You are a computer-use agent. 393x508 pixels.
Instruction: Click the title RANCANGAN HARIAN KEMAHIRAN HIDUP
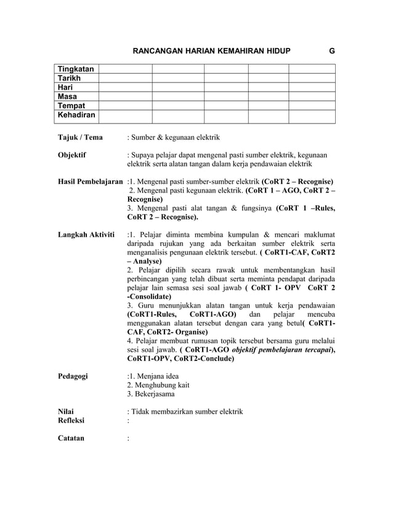(x=213, y=52)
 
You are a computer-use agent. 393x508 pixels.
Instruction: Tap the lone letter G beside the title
(x=332, y=52)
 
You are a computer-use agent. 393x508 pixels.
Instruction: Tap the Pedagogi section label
(x=73, y=376)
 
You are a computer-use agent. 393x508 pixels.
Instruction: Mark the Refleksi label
(x=71, y=421)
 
